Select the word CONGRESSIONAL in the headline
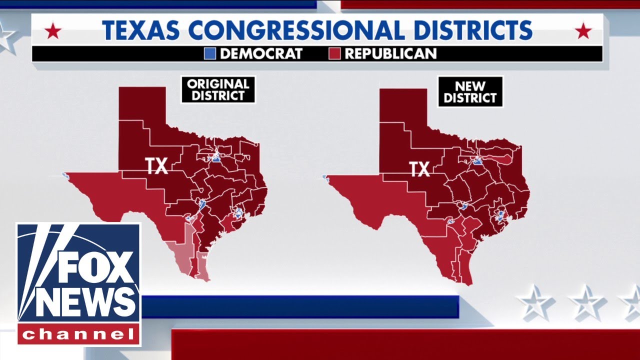coord(297,30)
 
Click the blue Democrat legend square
coord(210,53)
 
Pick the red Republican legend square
coord(335,53)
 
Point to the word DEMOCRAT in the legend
coord(261,53)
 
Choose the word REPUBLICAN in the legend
coord(390,53)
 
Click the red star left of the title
coord(53,32)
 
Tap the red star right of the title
coord(583,32)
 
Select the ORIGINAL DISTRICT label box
coord(218,89)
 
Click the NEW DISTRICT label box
coord(470,91)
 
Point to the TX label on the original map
coord(156,166)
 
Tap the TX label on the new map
coord(419,169)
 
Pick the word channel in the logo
coord(79,334)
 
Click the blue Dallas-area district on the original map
coord(216,158)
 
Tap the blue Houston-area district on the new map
coord(500,216)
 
